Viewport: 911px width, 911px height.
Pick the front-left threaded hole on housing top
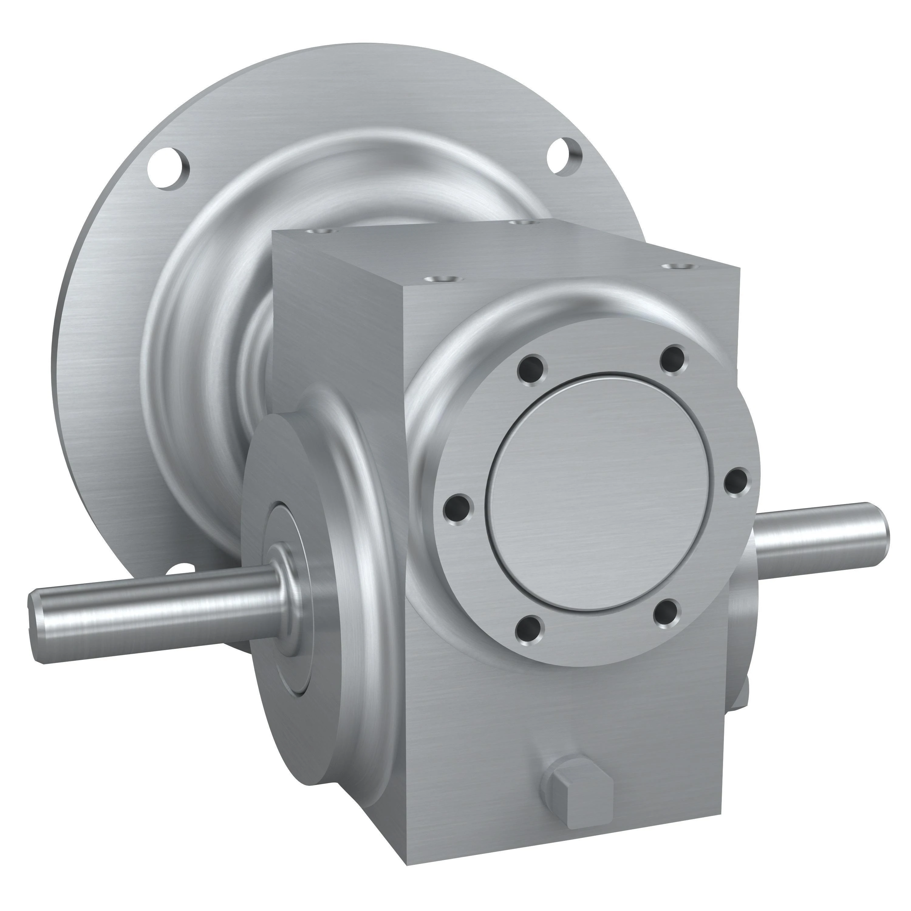click(441, 279)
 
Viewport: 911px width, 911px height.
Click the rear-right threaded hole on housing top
click(520, 222)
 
